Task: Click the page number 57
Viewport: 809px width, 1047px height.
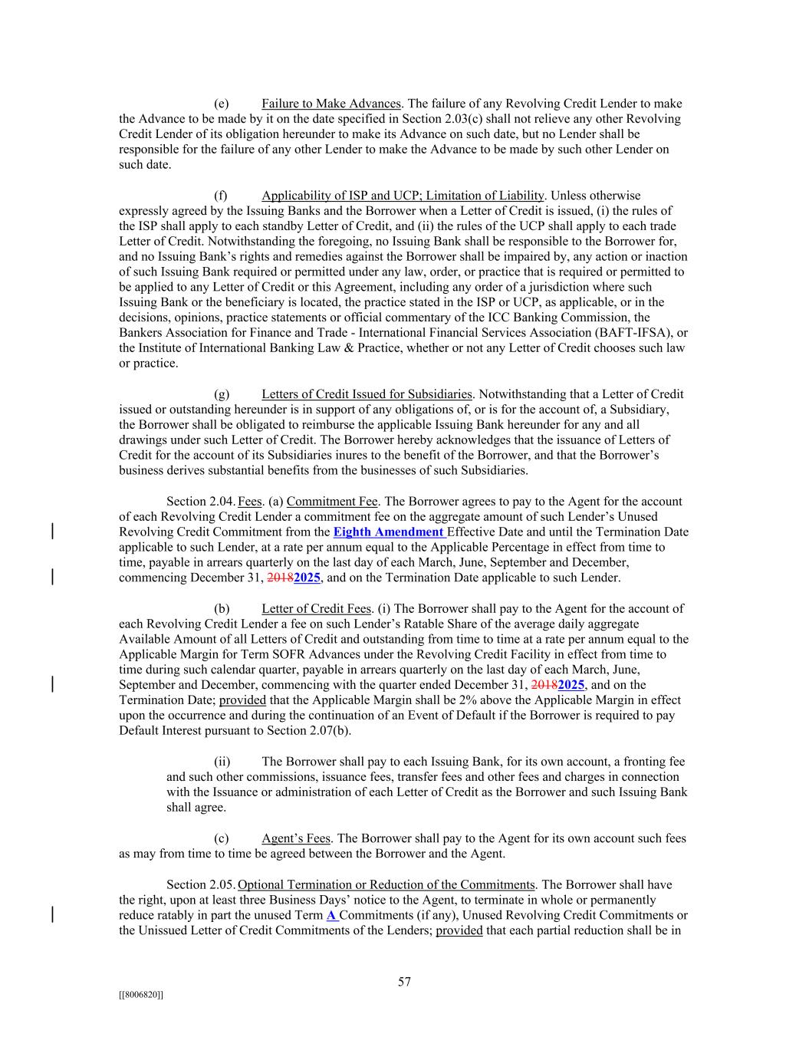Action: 404,982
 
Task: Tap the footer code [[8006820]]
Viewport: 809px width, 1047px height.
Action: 141,994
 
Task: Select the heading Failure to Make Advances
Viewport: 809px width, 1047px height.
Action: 331,104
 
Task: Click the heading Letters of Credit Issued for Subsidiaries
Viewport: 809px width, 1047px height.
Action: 367,394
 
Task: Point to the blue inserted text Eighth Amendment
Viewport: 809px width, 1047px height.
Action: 388,532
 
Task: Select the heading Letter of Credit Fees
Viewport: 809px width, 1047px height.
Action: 316,609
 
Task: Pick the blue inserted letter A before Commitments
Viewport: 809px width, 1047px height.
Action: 331,915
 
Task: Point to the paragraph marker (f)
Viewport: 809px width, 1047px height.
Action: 221,196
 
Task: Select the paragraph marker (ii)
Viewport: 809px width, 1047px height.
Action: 222,762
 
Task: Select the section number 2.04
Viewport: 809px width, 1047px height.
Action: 225,502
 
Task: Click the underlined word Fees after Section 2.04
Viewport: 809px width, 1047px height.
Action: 250,502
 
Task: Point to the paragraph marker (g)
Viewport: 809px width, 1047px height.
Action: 222,394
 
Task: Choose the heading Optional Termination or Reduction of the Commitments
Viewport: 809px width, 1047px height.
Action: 386,884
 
